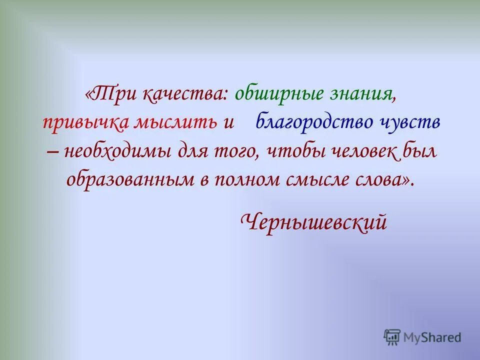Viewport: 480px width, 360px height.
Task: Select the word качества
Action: pyautogui.click(x=186, y=95)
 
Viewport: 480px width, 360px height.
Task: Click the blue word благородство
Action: pyautogui.click(x=315, y=123)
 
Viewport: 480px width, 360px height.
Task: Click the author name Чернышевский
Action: pyautogui.click(x=313, y=221)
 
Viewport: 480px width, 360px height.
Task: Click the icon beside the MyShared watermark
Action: pyautogui.click(x=392, y=337)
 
